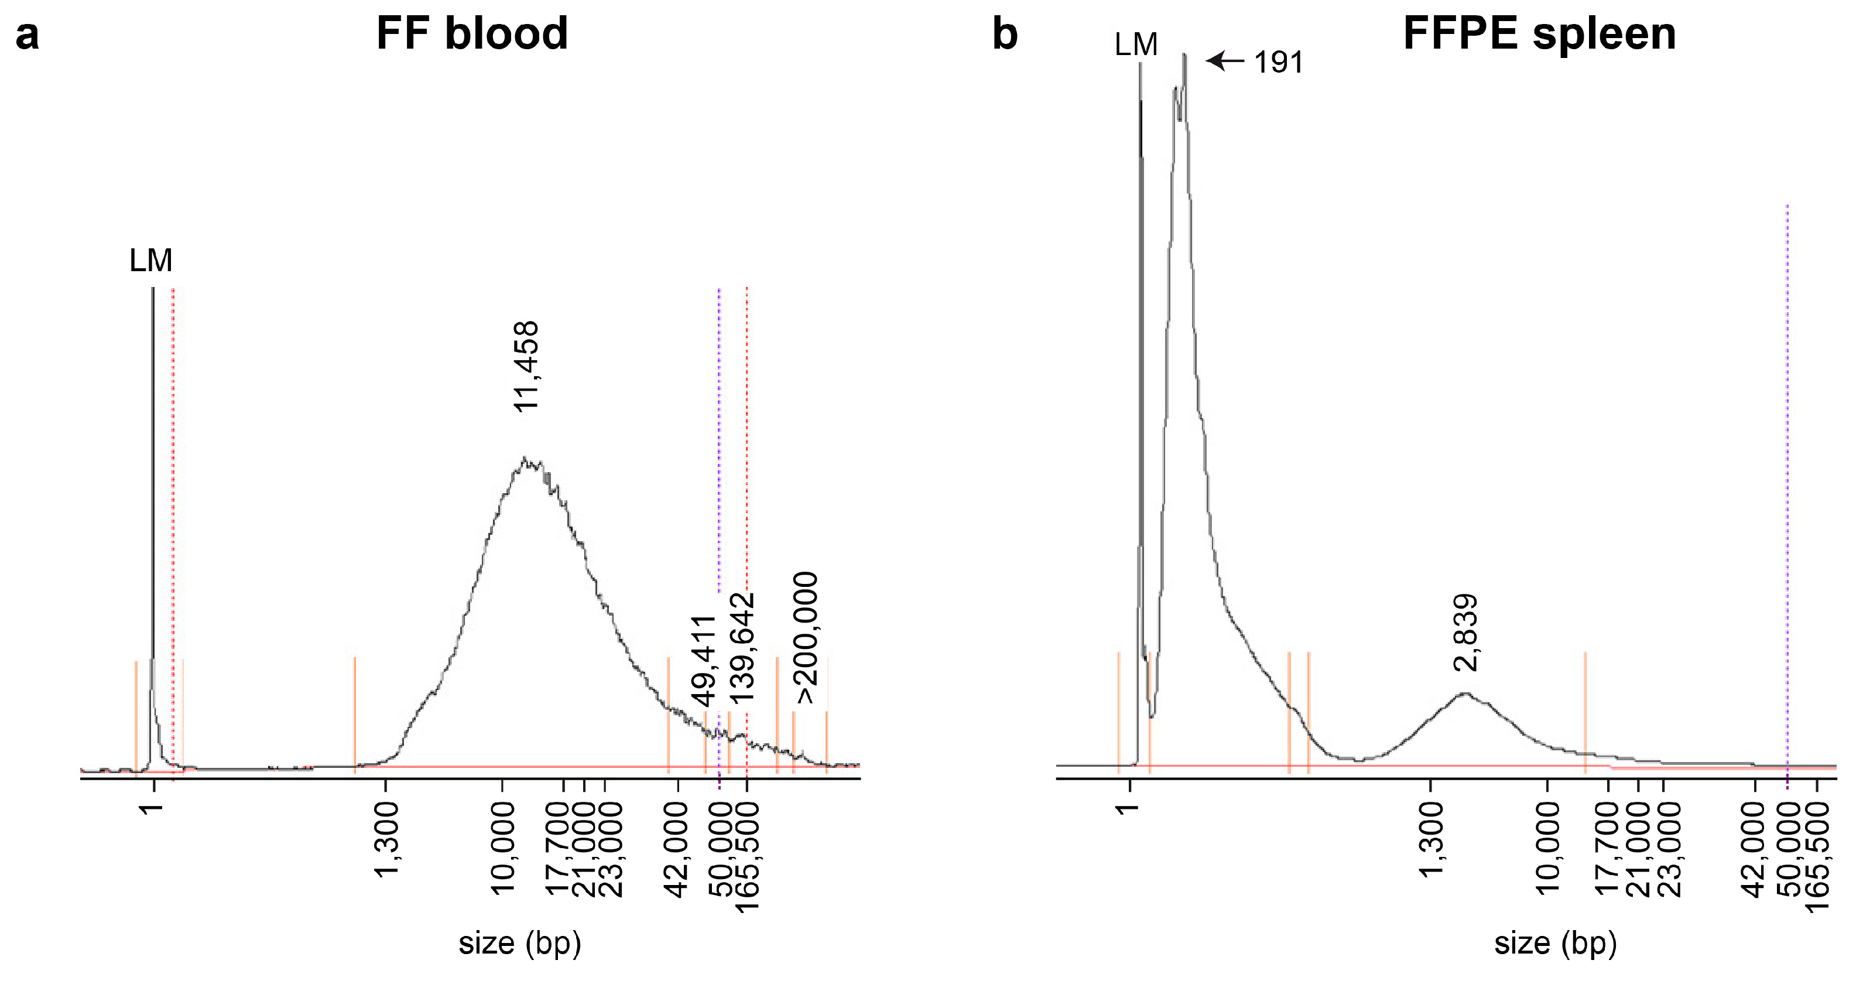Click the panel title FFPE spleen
[x=1539, y=33]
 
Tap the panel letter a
[x=27, y=35]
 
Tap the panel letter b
[x=1005, y=34]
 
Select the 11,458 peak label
[x=526, y=367]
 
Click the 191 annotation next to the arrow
[x=1278, y=63]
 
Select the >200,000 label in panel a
[x=806, y=637]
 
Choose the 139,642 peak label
[x=742, y=648]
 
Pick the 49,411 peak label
[x=704, y=661]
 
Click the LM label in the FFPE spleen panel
[x=1135, y=45]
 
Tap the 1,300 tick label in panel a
[x=386, y=839]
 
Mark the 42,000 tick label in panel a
[x=677, y=849]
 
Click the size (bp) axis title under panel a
[x=519, y=944]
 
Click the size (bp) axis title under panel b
[x=1555, y=944]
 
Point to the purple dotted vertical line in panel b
[x=1787, y=434]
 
